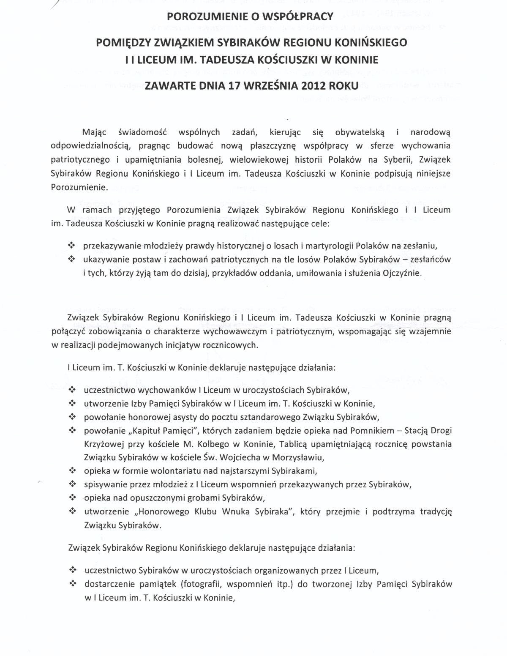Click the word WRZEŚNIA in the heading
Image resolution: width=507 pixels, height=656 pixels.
pyautogui.click(x=272, y=86)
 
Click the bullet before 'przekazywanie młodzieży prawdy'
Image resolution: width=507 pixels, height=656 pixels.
pyautogui.click(x=71, y=245)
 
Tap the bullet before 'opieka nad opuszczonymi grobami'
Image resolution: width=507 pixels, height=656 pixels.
pyautogui.click(x=71, y=497)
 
